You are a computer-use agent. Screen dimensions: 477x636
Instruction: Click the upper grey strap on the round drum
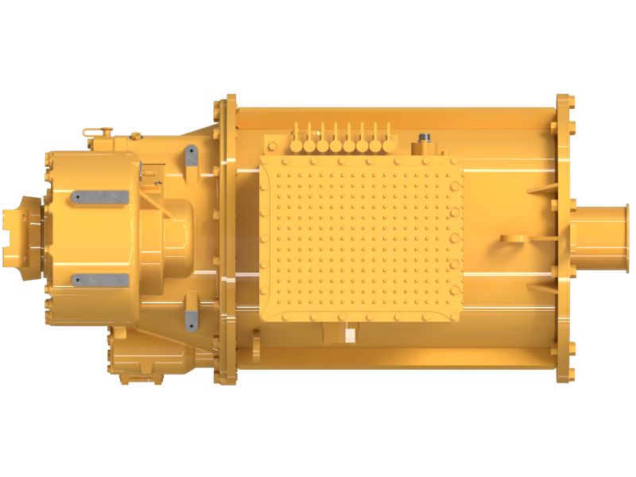point(99,196)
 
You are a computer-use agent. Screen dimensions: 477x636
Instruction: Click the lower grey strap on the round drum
point(99,280)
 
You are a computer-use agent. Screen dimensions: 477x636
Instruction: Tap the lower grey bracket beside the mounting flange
point(191,319)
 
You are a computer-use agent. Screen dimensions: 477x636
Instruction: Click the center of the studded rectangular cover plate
point(362,238)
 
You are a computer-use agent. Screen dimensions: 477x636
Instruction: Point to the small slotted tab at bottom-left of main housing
point(256,347)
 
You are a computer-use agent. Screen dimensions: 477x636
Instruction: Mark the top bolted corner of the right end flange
point(565,103)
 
